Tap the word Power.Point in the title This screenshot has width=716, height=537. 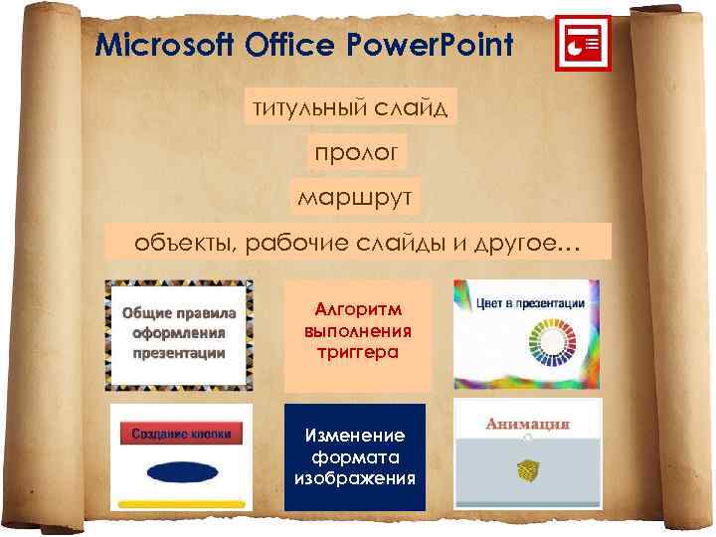[x=431, y=45]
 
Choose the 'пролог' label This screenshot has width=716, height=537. [x=355, y=152]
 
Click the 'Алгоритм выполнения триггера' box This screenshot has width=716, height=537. [x=358, y=334]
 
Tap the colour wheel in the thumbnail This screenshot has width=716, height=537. [x=535, y=354]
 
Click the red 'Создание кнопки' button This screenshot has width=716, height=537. [x=181, y=434]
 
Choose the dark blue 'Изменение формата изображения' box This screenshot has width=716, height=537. [x=355, y=456]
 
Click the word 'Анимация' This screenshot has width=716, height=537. [x=528, y=424]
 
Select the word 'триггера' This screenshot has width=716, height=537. [x=358, y=352]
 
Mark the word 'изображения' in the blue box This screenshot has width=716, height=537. [x=355, y=478]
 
